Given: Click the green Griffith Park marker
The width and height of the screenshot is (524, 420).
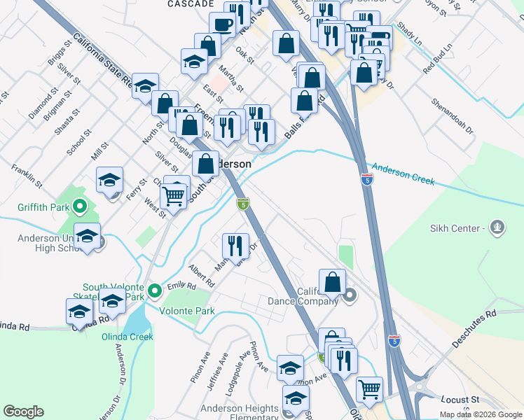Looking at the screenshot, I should [79, 206].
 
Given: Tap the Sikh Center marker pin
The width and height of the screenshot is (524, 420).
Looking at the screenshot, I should [497, 227].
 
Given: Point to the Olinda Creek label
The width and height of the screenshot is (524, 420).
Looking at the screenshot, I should [127, 337].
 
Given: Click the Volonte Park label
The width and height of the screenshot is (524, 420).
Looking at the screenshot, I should [186, 311].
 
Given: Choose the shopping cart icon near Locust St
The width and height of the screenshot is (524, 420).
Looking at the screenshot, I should [369, 387].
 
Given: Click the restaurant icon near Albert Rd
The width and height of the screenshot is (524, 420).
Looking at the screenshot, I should [235, 244].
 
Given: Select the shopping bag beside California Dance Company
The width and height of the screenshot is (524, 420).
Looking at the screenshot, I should [333, 281].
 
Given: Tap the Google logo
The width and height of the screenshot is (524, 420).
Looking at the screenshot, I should [23, 412].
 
